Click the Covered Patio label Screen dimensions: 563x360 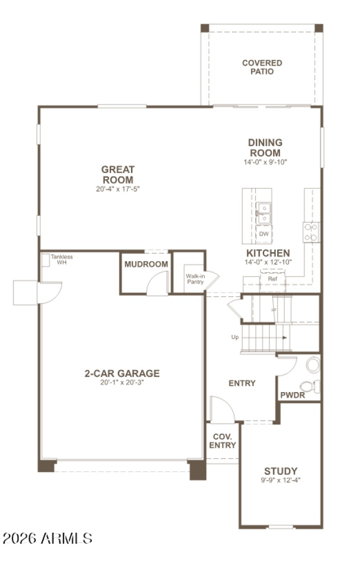point(262,67)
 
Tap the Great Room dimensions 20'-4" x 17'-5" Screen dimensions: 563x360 point(117,189)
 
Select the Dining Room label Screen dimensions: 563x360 point(265,147)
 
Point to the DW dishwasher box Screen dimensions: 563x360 point(264,234)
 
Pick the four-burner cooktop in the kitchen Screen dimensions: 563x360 point(311,232)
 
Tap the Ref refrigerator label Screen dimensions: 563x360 point(272,279)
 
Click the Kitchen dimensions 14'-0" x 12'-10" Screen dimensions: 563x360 point(268,262)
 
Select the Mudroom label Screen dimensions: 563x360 point(146,264)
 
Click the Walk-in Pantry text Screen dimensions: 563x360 point(195,279)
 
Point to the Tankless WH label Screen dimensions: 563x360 point(61,259)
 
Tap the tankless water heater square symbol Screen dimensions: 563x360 point(45,260)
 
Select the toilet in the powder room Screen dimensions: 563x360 point(310,386)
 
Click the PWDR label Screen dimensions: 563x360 point(293,396)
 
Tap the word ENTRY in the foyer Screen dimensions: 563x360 point(242,383)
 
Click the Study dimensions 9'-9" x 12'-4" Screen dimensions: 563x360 point(280,480)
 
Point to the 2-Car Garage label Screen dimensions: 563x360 point(122,373)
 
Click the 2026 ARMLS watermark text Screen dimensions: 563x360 point(47,538)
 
